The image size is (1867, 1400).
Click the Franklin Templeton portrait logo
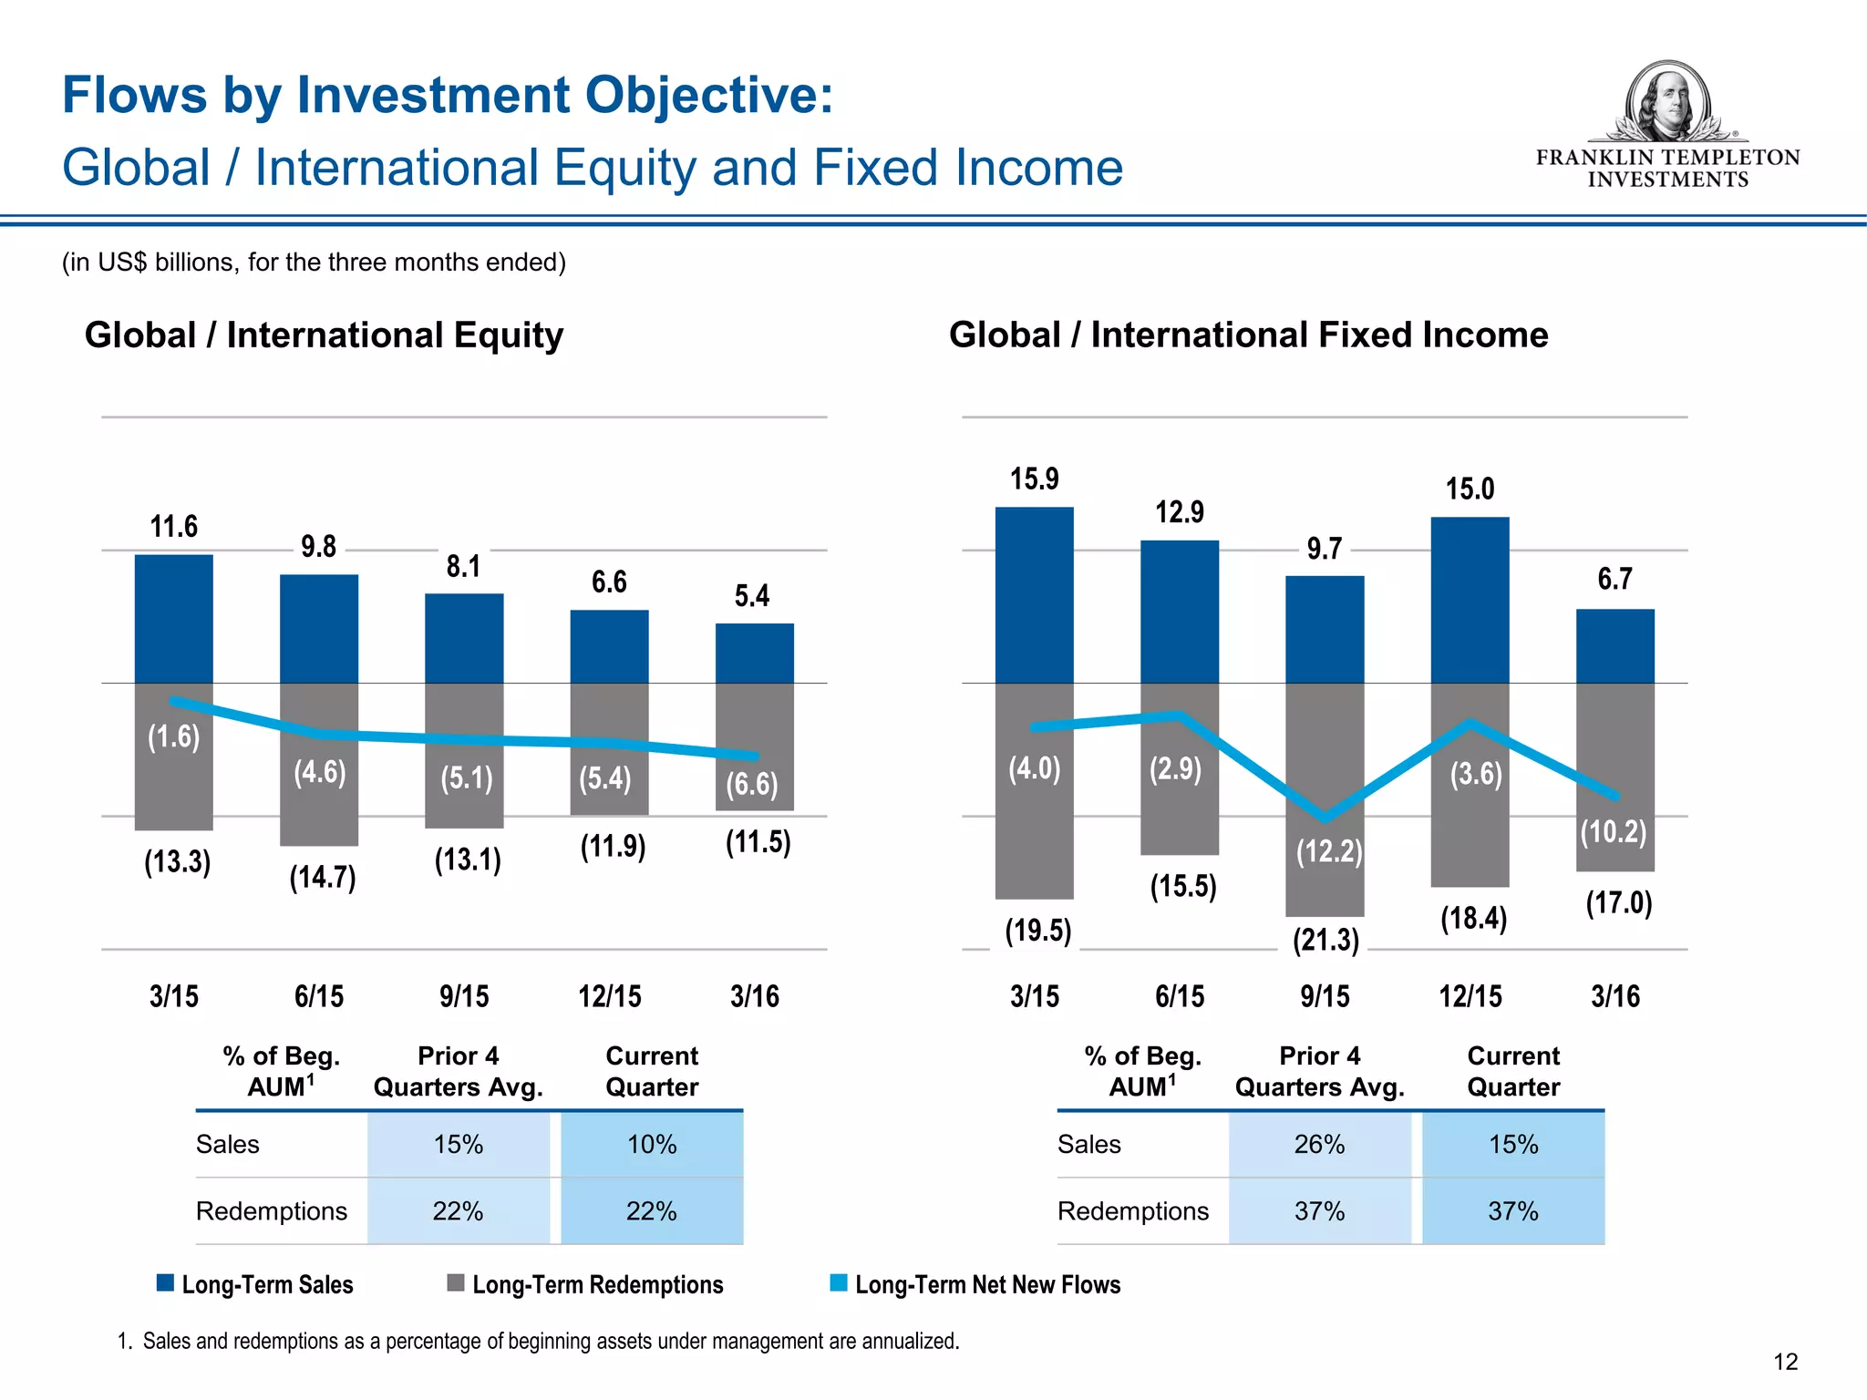[x=1667, y=102]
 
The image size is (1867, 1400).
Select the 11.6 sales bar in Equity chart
[x=173, y=619]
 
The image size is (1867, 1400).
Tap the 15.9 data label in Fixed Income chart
[x=1034, y=479]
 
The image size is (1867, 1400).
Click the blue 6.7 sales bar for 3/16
[x=1614, y=646]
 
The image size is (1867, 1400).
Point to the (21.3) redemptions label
[x=1325, y=940]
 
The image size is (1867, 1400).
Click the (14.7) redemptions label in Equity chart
[x=322, y=878]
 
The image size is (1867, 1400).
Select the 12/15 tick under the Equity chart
[x=609, y=996]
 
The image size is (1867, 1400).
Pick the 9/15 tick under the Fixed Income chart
[x=1325, y=996]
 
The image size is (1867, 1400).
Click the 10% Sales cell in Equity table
[x=652, y=1145]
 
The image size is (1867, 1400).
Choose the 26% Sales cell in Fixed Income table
[x=1319, y=1145]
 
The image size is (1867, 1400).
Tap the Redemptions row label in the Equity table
[x=272, y=1211]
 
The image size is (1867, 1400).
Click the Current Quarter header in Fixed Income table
[x=1513, y=1072]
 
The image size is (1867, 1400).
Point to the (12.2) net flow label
[x=1329, y=851]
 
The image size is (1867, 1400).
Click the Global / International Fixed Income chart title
[x=1248, y=335]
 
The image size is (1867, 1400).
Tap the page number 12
[x=1785, y=1362]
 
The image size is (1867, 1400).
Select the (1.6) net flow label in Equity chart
[x=173, y=736]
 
